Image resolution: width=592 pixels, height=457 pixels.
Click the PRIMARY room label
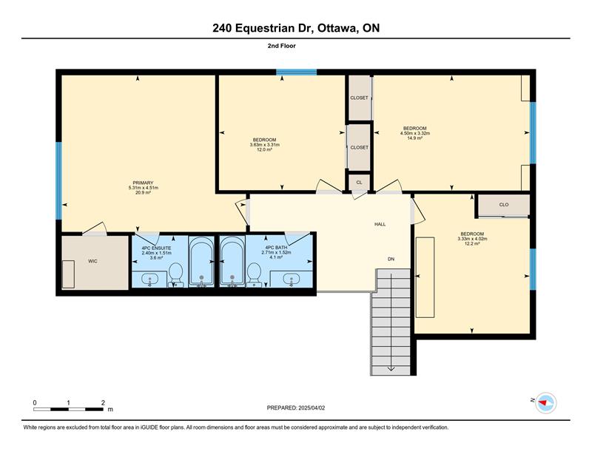pyautogui.click(x=143, y=183)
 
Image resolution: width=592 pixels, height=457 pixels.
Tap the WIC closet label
pyautogui.click(x=92, y=261)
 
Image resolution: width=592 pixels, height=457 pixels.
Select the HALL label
pyautogui.click(x=380, y=224)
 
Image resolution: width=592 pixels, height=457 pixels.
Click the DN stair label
pyautogui.click(x=391, y=259)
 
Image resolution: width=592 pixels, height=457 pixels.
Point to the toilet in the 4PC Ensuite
pyautogui.click(x=175, y=274)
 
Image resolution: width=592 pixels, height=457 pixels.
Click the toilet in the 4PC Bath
pyautogui.click(x=254, y=274)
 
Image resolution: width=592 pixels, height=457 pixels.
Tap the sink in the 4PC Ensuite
pyautogui.click(x=150, y=280)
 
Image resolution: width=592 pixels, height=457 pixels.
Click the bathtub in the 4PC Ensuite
pyautogui.click(x=201, y=261)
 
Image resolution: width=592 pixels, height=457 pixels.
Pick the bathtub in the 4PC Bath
pyautogui.click(x=232, y=261)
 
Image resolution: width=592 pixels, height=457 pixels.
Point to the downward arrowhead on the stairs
pyautogui.click(x=391, y=368)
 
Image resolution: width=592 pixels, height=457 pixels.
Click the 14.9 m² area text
pyautogui.click(x=414, y=138)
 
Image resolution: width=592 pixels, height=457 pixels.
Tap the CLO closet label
pyautogui.click(x=504, y=205)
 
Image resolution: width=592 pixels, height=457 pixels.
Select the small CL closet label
pyautogui.click(x=359, y=182)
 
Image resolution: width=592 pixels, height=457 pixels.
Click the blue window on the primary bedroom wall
pyautogui.click(x=58, y=180)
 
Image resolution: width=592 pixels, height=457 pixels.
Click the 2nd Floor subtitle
pyautogui.click(x=282, y=46)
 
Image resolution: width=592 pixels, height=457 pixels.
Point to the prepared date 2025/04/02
pyautogui.click(x=312, y=407)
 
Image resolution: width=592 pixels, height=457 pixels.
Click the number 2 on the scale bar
pyautogui.click(x=103, y=403)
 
